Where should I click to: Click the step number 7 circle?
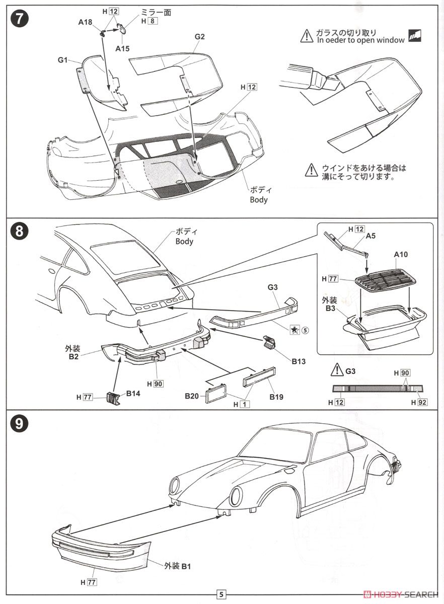click(19, 20)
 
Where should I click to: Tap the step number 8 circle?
click(19, 232)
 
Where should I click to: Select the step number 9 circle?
click(19, 423)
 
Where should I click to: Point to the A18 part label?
click(85, 22)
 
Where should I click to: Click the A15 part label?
click(122, 48)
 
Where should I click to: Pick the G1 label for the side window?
click(62, 60)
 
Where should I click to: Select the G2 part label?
click(200, 36)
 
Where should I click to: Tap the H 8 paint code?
click(149, 21)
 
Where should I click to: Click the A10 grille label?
click(401, 255)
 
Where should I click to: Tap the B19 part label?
click(276, 397)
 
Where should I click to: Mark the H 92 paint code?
click(419, 402)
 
